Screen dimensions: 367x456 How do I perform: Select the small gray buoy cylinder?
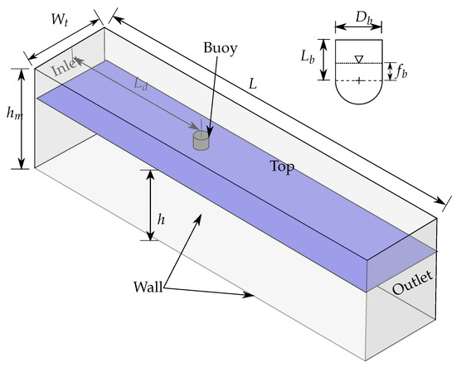[200, 141]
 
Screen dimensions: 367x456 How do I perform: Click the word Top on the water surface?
[283, 166]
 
